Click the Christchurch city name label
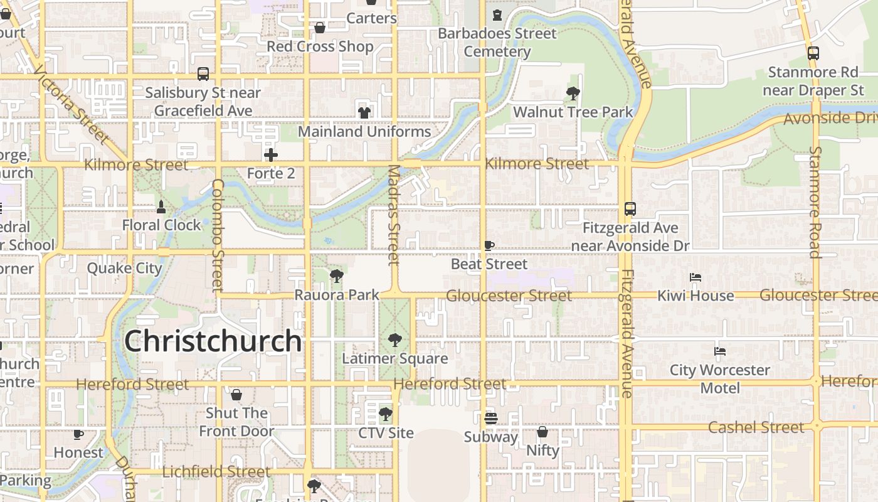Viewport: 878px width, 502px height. click(213, 341)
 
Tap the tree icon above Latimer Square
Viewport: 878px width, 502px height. click(394, 340)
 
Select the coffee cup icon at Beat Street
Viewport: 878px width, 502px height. click(489, 245)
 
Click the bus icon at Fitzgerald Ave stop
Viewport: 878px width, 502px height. click(630, 209)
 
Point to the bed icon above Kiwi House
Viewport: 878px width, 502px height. click(695, 277)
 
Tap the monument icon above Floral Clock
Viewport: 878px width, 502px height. click(161, 206)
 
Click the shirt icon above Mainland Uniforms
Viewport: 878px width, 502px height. click(364, 113)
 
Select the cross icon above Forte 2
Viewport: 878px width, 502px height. click(271, 155)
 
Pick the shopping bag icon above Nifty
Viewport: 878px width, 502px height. click(542, 432)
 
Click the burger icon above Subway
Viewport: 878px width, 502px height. click(491, 418)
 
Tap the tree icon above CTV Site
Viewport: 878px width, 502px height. click(386, 414)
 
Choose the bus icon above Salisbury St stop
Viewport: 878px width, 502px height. click(203, 74)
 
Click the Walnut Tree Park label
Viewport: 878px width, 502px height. click(573, 112)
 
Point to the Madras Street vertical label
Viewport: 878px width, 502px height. click(394, 215)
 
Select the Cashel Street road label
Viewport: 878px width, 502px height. click(756, 427)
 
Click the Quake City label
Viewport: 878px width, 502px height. click(124, 269)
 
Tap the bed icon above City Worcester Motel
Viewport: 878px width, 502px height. click(720, 351)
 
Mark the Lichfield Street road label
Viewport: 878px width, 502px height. click(216, 472)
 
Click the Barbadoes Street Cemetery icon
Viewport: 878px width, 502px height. click(497, 15)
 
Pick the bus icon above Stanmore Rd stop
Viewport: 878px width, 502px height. click(813, 53)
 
